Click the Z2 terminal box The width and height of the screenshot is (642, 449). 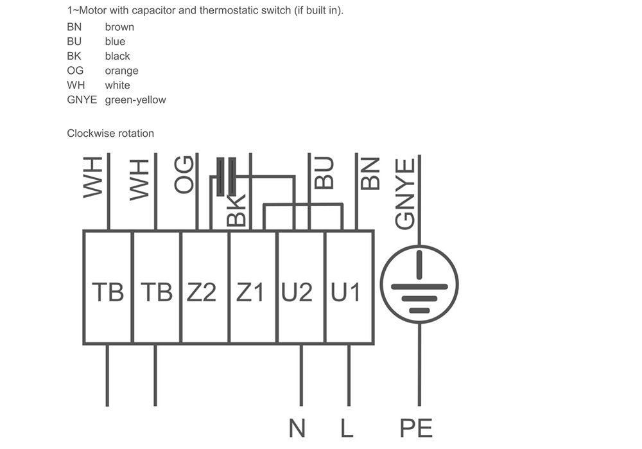coord(204,287)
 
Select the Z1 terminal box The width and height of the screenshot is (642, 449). coord(252,287)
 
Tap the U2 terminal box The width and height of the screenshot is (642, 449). coord(301,287)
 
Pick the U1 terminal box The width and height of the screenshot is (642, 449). coord(349,287)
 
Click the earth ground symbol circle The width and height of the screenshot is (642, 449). coord(419,246)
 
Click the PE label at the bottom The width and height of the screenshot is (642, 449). coord(416,428)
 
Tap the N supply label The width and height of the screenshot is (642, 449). coord(297,428)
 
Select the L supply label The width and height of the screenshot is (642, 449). coord(347,428)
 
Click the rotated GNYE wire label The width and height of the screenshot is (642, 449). coord(405,194)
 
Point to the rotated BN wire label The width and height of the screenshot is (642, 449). coord(370,173)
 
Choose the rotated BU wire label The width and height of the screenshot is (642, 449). coord(324,173)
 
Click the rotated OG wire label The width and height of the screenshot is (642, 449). coord(184,175)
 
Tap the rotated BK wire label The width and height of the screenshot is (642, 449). coord(236,211)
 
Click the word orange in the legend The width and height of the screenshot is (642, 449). coord(121,71)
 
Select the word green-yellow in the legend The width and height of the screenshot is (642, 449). coord(135,100)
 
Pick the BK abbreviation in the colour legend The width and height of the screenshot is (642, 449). coord(74,56)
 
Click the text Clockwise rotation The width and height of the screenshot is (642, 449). coord(110,134)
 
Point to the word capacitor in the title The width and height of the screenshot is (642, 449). coord(153,11)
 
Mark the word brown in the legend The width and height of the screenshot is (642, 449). coord(119,27)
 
